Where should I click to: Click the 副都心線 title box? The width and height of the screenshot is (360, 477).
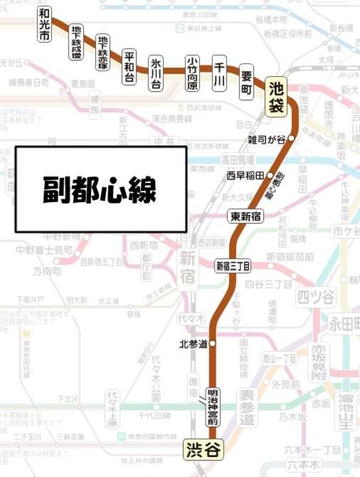click(x=101, y=189)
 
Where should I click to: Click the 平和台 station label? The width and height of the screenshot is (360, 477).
click(x=129, y=67)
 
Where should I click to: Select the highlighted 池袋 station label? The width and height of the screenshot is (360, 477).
click(x=277, y=97)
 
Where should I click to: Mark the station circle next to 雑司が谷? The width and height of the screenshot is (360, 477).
click(x=291, y=139)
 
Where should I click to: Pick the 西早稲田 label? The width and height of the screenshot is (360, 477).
click(x=245, y=174)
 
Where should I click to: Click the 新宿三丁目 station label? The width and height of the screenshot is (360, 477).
click(x=233, y=266)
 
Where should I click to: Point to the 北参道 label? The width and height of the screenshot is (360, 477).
click(x=193, y=345)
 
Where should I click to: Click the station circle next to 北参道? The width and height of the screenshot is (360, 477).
click(x=211, y=345)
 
